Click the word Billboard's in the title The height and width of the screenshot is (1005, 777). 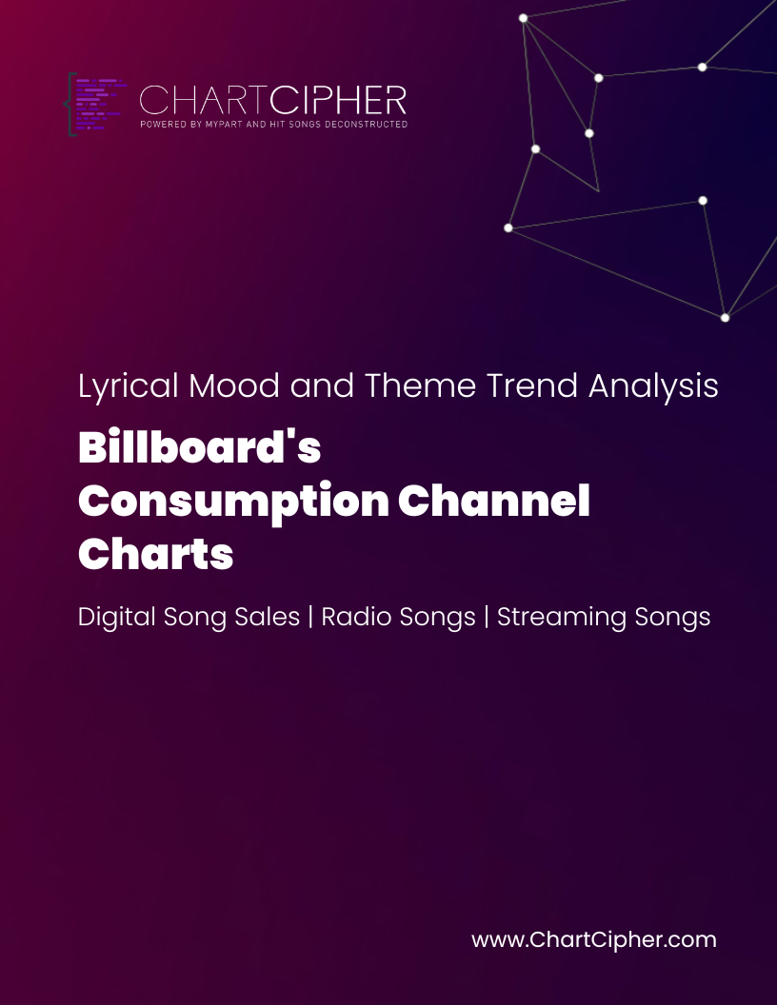click(199, 446)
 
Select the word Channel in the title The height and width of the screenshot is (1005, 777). click(493, 500)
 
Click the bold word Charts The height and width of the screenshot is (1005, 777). click(155, 553)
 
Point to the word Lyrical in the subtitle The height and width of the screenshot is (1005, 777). click(129, 386)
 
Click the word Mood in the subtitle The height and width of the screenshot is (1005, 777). click(234, 385)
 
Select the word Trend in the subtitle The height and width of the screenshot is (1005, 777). click(532, 385)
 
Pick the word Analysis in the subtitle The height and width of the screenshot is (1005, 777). click(653, 386)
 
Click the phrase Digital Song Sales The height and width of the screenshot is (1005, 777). click(189, 618)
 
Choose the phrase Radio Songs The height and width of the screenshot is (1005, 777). click(398, 618)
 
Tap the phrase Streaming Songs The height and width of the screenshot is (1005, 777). click(604, 618)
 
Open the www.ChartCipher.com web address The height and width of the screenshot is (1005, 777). click(593, 940)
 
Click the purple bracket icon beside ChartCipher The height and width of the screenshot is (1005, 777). click(96, 104)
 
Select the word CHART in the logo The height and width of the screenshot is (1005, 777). click(203, 101)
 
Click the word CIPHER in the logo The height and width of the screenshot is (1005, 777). click(338, 101)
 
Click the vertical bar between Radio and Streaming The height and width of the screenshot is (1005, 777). click(487, 617)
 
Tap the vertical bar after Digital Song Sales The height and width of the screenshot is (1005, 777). click(311, 617)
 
